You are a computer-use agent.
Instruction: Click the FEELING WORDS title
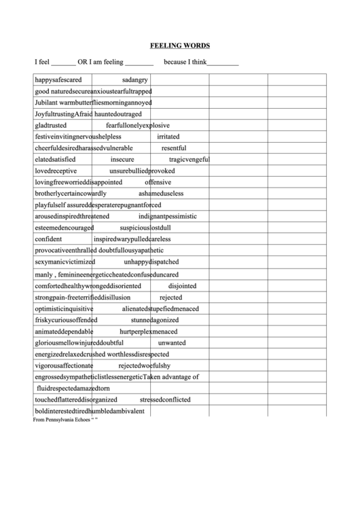pyautogui.click(x=179, y=46)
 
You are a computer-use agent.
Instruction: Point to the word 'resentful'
pyautogui.click(x=174, y=147)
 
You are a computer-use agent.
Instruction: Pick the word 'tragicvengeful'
pyautogui.click(x=189, y=159)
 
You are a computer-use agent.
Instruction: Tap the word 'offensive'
pyautogui.click(x=158, y=182)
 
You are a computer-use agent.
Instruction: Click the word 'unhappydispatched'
pyautogui.click(x=151, y=262)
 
